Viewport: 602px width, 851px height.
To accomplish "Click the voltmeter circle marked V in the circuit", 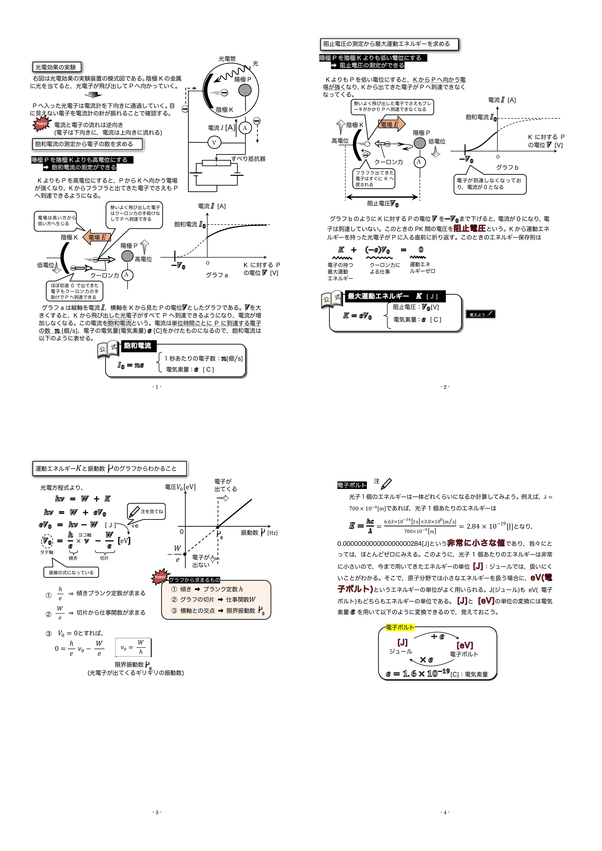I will pos(214,142).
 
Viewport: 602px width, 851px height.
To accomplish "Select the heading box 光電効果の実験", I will pos(56,67).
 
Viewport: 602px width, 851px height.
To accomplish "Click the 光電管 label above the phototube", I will pos(227,59).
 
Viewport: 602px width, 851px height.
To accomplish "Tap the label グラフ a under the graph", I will pos(217,275).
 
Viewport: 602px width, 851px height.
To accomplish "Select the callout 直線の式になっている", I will pos(71,572).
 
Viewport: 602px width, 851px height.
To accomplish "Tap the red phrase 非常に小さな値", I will pos(476,543).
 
